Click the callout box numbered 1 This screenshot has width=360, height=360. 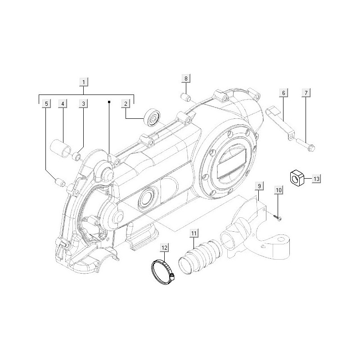(84, 82)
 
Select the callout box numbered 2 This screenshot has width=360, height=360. (126, 104)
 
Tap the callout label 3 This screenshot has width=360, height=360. (84, 104)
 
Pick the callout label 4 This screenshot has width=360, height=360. (63, 104)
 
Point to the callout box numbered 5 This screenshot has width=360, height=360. (46, 104)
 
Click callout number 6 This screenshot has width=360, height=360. (283, 93)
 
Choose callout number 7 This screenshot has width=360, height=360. (306, 93)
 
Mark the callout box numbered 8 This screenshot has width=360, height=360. (185, 79)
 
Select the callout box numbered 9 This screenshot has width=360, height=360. (259, 185)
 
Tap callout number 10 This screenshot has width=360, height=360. (278, 191)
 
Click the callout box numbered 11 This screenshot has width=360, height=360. (193, 233)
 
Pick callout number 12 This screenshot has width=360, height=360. (164, 247)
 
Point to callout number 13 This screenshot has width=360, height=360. (316, 179)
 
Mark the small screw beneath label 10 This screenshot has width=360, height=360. (276, 218)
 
